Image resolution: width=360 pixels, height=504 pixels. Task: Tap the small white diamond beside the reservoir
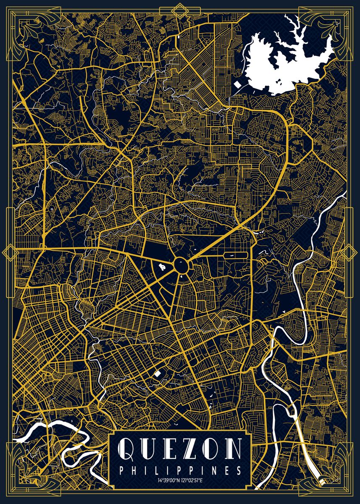pos(237,84)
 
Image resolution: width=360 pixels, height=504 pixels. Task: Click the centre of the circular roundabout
pos(181,265)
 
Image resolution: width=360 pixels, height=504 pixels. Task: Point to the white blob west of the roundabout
pos(163,266)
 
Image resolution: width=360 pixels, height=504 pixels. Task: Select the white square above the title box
pos(158,373)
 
